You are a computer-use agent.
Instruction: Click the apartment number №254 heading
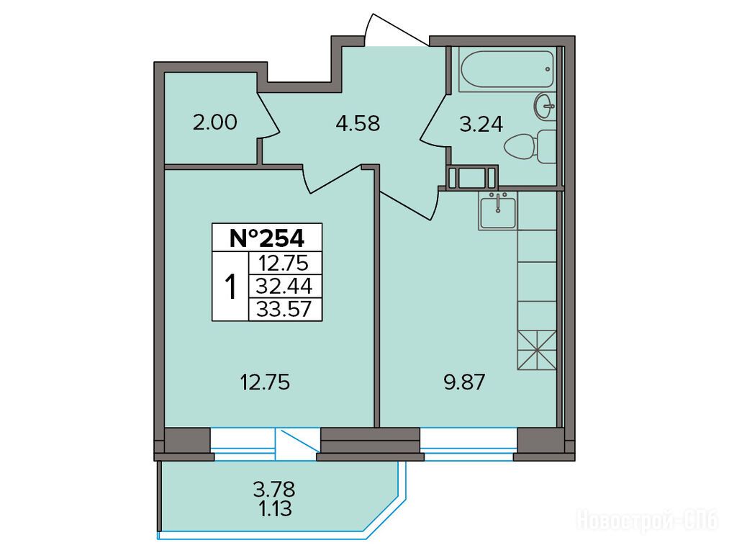pos(267,238)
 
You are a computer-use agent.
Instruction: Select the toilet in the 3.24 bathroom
pos(530,146)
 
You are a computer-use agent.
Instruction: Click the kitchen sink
pos(498,212)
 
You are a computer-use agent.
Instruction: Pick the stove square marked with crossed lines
pos(537,350)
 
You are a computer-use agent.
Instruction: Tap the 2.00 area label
pos(214,122)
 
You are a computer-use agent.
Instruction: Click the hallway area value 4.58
pos(358,124)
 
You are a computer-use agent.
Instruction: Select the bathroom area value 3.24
pos(481,125)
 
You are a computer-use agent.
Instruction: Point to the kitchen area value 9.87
pos(464,382)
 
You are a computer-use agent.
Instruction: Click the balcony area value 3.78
pos(274,490)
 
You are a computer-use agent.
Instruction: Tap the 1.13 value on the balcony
pos(275,509)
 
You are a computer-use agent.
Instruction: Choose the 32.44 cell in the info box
pos(285,286)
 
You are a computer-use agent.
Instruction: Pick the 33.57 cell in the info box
pos(285,308)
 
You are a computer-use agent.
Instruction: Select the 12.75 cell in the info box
pos(285,263)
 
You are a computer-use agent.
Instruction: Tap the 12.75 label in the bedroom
pos(265,382)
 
